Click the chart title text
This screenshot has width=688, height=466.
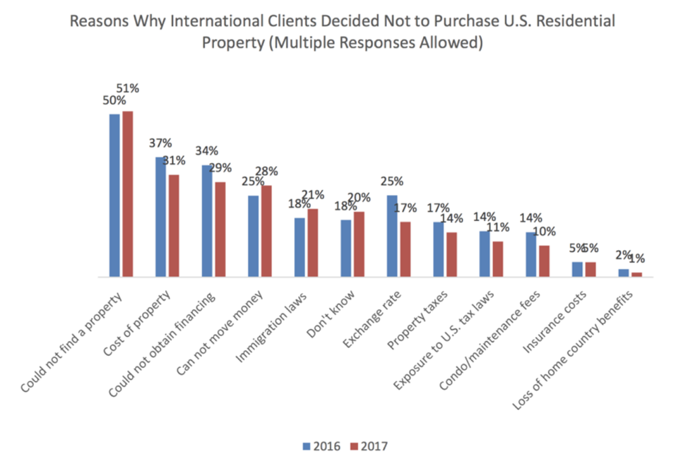pyautogui.click(x=343, y=32)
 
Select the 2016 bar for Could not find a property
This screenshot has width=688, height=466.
pyautogui.click(x=114, y=196)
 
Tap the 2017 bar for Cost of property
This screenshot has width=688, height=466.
pyautogui.click(x=174, y=226)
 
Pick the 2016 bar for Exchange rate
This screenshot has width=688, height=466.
pyautogui.click(x=392, y=237)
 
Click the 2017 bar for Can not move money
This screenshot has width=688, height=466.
pyautogui.click(x=266, y=232)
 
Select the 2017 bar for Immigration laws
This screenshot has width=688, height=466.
pyautogui.click(x=313, y=244)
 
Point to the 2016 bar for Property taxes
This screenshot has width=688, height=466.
pyautogui.click(x=439, y=250)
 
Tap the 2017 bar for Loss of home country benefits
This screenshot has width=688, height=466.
pyautogui.click(x=636, y=275)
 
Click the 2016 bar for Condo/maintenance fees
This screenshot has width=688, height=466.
pyautogui.click(x=531, y=255)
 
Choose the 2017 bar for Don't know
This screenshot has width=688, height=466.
pyautogui.click(x=359, y=244)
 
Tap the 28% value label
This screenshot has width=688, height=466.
pyautogui.click(x=267, y=171)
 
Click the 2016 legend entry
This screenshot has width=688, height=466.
pyautogui.click(x=322, y=446)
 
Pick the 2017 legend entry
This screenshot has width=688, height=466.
pyautogui.click(x=369, y=446)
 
